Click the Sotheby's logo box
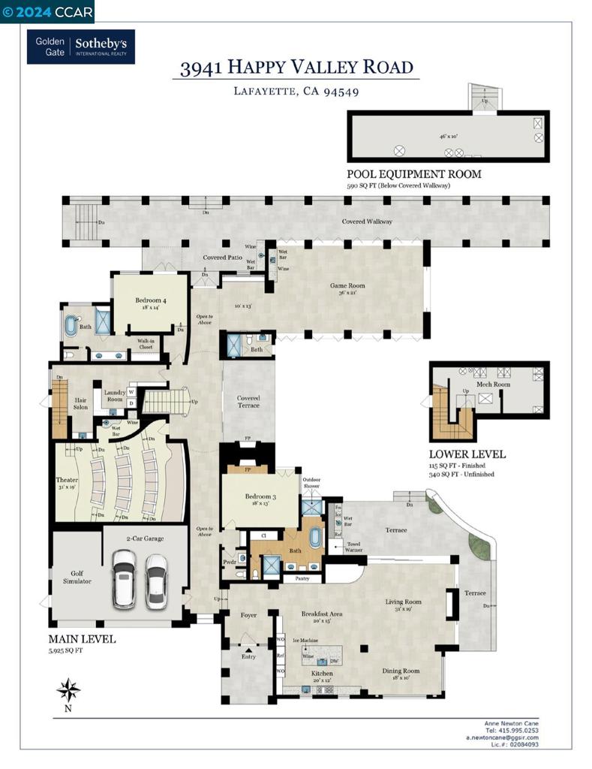81,47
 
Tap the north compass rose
68,689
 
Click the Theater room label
67,480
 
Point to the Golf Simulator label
76,576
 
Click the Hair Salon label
81,405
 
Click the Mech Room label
493,384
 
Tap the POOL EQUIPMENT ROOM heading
413,174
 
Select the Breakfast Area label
321,614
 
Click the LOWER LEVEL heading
467,454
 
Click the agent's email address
512,737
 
